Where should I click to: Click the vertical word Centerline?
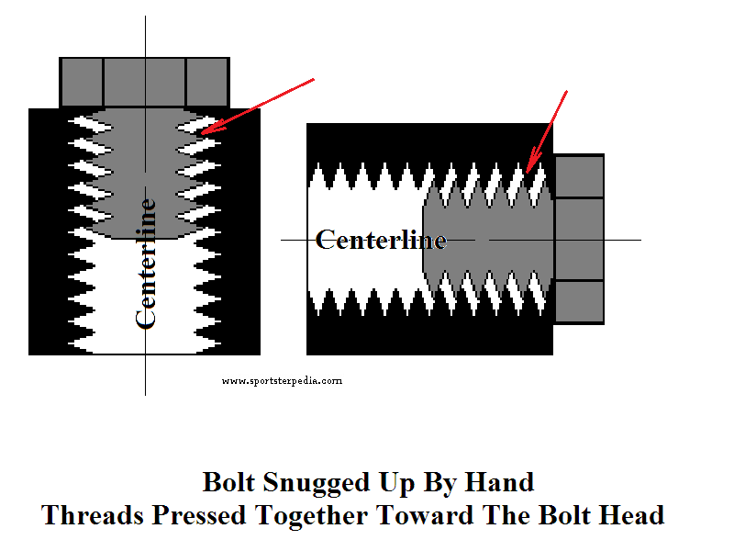(145, 264)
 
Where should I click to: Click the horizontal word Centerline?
(381, 240)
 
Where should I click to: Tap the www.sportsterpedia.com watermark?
(282, 381)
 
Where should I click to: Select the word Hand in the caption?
(499, 481)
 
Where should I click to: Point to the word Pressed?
(199, 515)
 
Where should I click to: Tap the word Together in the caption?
(311, 516)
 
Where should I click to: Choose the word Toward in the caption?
(425, 515)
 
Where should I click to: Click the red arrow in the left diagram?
(258, 106)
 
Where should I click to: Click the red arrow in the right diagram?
(546, 131)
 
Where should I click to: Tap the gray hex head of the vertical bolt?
(144, 83)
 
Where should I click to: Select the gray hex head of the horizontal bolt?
(579, 239)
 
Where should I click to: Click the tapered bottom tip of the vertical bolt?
(145, 236)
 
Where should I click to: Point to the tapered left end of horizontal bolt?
(425, 239)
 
